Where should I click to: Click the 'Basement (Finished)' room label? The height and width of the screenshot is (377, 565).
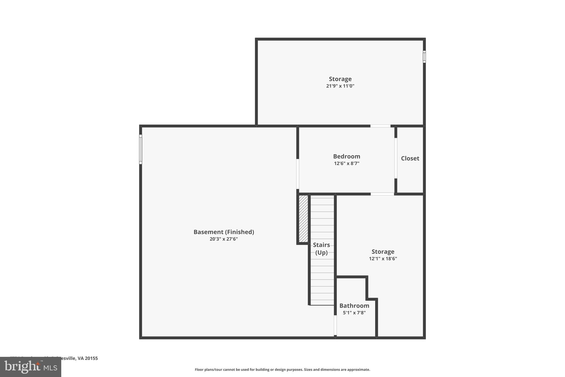pos(223,232)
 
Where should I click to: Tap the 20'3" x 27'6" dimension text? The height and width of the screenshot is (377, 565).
pos(223,239)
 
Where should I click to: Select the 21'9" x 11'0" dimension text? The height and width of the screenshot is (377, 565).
pos(340,86)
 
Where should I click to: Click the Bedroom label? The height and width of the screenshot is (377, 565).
pos(347,156)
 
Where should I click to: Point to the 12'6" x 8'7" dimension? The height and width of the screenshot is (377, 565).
pos(347,163)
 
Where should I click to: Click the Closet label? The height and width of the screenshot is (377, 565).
pos(410,158)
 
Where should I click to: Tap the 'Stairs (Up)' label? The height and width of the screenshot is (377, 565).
pos(321,249)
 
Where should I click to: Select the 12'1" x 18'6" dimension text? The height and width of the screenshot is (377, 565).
pos(383,259)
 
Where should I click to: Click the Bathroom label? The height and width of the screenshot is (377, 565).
pos(354,306)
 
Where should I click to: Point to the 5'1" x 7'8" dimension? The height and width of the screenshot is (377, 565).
pos(354,313)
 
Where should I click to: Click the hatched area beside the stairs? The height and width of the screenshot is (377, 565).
pos(303,218)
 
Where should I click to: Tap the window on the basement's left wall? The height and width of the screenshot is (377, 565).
pos(140,149)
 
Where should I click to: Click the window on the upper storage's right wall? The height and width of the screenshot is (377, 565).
pos(424,57)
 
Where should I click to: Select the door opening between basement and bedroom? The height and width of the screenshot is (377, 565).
pos(298,174)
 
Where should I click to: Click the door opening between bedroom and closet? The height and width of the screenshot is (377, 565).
pos(396,158)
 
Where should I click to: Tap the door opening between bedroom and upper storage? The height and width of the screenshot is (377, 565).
pos(380,126)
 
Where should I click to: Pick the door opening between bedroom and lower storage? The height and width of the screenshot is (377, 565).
pos(382,194)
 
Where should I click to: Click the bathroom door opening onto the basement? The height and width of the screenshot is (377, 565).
pos(335,325)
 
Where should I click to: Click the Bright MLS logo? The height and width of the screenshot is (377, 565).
pos(31,367)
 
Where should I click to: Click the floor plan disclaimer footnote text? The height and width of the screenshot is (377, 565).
pos(282,370)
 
